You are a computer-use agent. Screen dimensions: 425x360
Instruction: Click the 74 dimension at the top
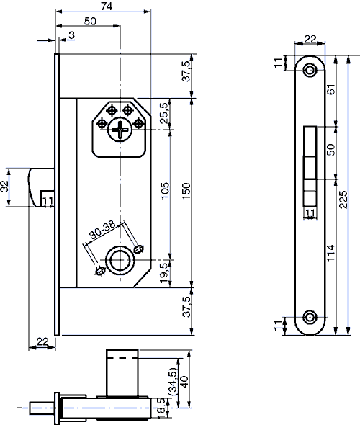(x=105, y=6)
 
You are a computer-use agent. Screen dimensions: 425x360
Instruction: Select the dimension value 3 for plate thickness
(x=72, y=35)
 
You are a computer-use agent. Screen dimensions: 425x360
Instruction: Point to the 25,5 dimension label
(x=163, y=114)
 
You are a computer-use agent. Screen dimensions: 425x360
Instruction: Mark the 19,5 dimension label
(x=163, y=271)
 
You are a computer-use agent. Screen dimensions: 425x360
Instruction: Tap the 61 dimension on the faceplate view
(x=330, y=91)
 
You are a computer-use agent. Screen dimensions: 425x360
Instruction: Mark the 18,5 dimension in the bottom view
(x=161, y=407)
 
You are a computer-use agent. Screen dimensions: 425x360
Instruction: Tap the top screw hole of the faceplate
(x=310, y=70)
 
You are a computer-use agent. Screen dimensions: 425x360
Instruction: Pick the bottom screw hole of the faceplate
(x=310, y=318)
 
